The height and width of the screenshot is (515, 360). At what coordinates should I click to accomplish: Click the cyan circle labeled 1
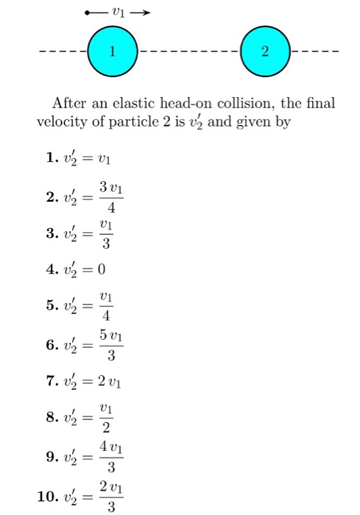coord(112,52)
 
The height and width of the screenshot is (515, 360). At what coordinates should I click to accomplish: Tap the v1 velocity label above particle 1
coord(119,12)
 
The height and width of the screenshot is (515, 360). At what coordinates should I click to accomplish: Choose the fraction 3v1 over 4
coord(110,194)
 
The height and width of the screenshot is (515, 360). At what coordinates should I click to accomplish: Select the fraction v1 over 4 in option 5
coord(107,307)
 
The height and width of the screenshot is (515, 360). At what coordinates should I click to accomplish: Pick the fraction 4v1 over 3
coord(110,458)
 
